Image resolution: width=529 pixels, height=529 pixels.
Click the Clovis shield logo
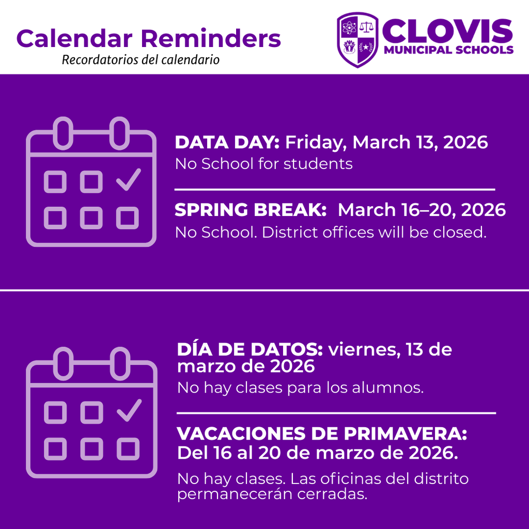tap(357, 40)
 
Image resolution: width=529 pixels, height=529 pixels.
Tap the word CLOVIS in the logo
tap(447, 32)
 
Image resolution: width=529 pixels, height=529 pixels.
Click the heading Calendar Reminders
tap(149, 38)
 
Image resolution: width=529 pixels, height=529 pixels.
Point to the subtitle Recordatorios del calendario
tap(141, 60)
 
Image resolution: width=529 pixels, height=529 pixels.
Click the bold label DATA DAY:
tap(227, 142)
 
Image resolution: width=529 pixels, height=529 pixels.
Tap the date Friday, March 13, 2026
tap(386, 142)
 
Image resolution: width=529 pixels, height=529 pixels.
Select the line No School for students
tap(263, 164)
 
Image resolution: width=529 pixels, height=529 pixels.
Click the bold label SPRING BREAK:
tap(251, 210)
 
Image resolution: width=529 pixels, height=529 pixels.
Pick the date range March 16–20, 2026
tap(422, 210)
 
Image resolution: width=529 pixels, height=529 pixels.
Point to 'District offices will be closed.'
tap(374, 232)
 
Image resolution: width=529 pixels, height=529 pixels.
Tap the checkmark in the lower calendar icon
tap(129, 410)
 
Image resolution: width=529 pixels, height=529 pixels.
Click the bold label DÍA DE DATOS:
tap(250, 350)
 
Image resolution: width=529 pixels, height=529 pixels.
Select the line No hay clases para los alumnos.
tap(300, 387)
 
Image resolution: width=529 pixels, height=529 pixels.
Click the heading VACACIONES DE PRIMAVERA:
tap(322, 433)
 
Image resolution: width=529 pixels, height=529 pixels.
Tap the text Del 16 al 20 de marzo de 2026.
tap(317, 453)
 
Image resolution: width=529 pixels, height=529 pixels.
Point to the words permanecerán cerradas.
tap(272, 494)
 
